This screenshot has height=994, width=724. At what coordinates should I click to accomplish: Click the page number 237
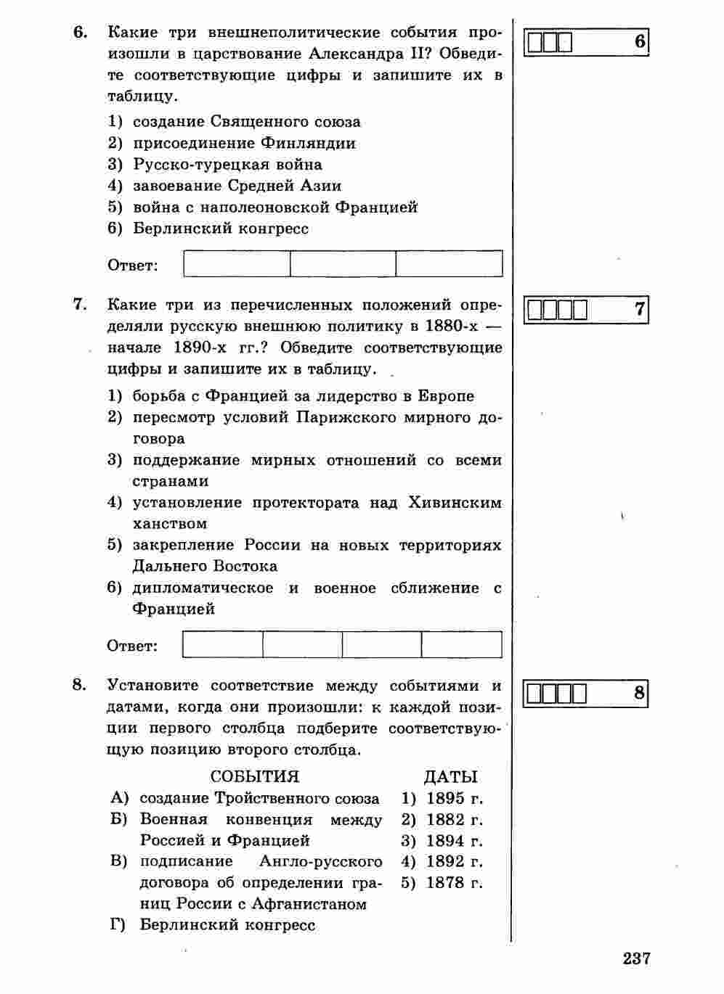pos(636,958)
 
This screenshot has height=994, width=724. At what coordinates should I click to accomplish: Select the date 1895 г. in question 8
pos(454,799)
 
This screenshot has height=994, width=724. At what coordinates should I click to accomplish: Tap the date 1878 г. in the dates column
pos(454,883)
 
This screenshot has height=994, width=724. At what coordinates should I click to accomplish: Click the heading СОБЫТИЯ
pos(254,776)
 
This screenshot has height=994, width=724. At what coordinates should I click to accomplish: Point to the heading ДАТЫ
pos(450,776)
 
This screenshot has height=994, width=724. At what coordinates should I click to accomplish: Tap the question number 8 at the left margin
pos(80,685)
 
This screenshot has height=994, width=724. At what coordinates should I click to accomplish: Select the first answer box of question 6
pos(237,263)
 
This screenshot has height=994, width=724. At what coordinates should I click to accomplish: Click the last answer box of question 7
pos(461,644)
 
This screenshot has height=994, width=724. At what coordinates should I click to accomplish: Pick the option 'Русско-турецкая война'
pos(227,164)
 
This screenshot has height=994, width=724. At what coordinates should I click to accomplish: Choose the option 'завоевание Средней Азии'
pos(237,186)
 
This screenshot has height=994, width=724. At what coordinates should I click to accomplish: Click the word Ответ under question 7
pos(132,646)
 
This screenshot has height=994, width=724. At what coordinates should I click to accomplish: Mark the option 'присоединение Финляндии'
pos(244,143)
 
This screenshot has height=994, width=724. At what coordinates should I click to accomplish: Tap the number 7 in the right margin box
pos(639,309)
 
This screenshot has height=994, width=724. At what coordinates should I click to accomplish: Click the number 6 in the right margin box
pos(639,41)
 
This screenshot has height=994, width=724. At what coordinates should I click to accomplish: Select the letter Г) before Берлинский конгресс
pos(119,925)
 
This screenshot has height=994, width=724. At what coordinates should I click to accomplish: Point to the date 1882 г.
pos(454,820)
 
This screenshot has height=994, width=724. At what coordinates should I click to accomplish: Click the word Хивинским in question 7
pos(455,502)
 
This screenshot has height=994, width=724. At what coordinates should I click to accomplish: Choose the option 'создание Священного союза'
pos(246,122)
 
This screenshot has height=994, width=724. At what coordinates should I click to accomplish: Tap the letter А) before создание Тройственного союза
pos(119,798)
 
